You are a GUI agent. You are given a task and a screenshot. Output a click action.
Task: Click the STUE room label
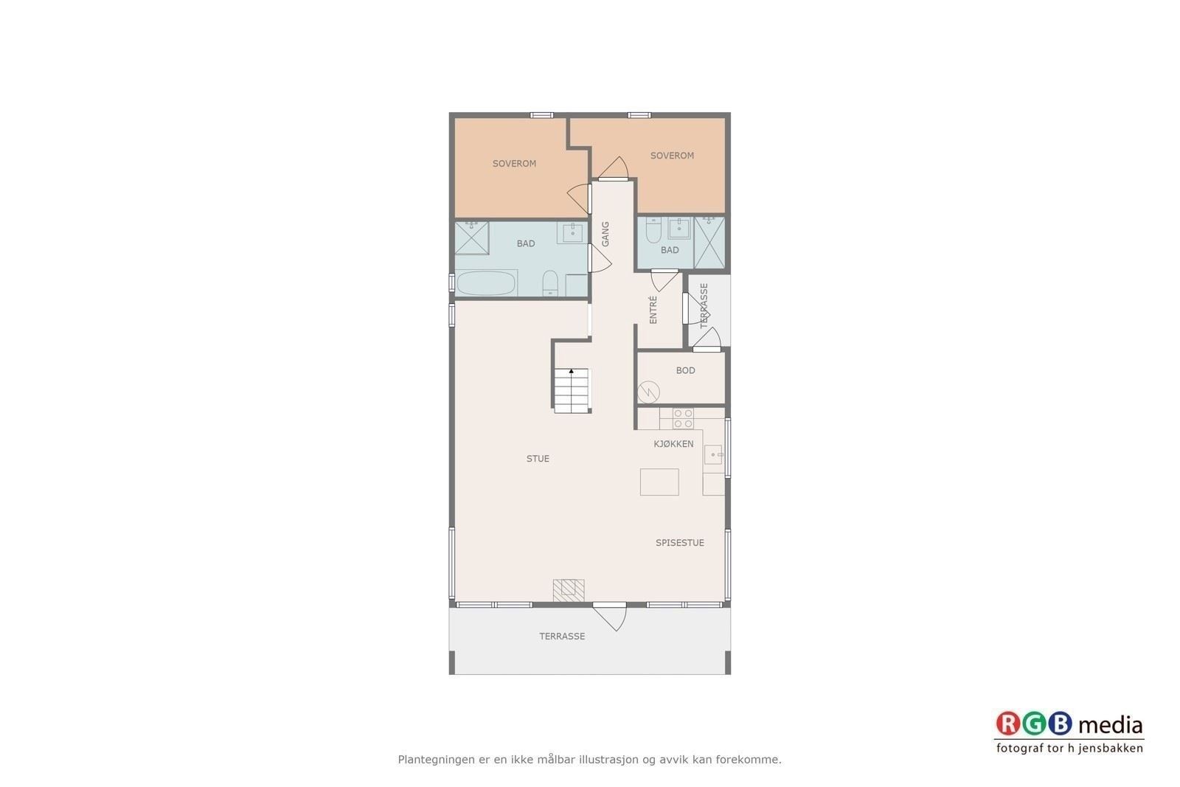[538, 459]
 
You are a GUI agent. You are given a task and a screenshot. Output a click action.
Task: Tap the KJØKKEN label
[673, 444]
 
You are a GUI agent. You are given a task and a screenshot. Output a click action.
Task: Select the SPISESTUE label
[679, 543]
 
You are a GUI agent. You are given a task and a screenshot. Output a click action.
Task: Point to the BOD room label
[685, 370]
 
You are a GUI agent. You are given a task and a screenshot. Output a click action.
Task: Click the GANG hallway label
[605, 233]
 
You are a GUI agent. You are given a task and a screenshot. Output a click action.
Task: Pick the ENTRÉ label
[653, 310]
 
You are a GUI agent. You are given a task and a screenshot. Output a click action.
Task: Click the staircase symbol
[572, 390]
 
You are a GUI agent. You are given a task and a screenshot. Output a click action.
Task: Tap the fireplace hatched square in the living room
[569, 590]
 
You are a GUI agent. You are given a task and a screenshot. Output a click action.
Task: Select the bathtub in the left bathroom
[486, 283]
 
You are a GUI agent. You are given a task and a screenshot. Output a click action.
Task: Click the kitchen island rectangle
[659, 482]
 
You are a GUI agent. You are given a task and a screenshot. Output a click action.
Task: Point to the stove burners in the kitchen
[683, 418]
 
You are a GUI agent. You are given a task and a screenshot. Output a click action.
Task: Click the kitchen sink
[712, 454]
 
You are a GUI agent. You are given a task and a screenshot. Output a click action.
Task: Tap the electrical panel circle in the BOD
[648, 392]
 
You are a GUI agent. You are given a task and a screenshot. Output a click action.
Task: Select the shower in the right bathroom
[709, 243]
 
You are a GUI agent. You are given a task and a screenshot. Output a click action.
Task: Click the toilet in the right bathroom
[653, 229]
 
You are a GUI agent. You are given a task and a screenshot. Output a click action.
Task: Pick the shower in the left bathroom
[472, 238]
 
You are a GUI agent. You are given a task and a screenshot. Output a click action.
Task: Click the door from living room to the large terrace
[610, 617]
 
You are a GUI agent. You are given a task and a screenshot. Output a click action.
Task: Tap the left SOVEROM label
[514, 164]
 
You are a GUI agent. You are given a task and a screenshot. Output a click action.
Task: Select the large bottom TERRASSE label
[562, 637]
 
